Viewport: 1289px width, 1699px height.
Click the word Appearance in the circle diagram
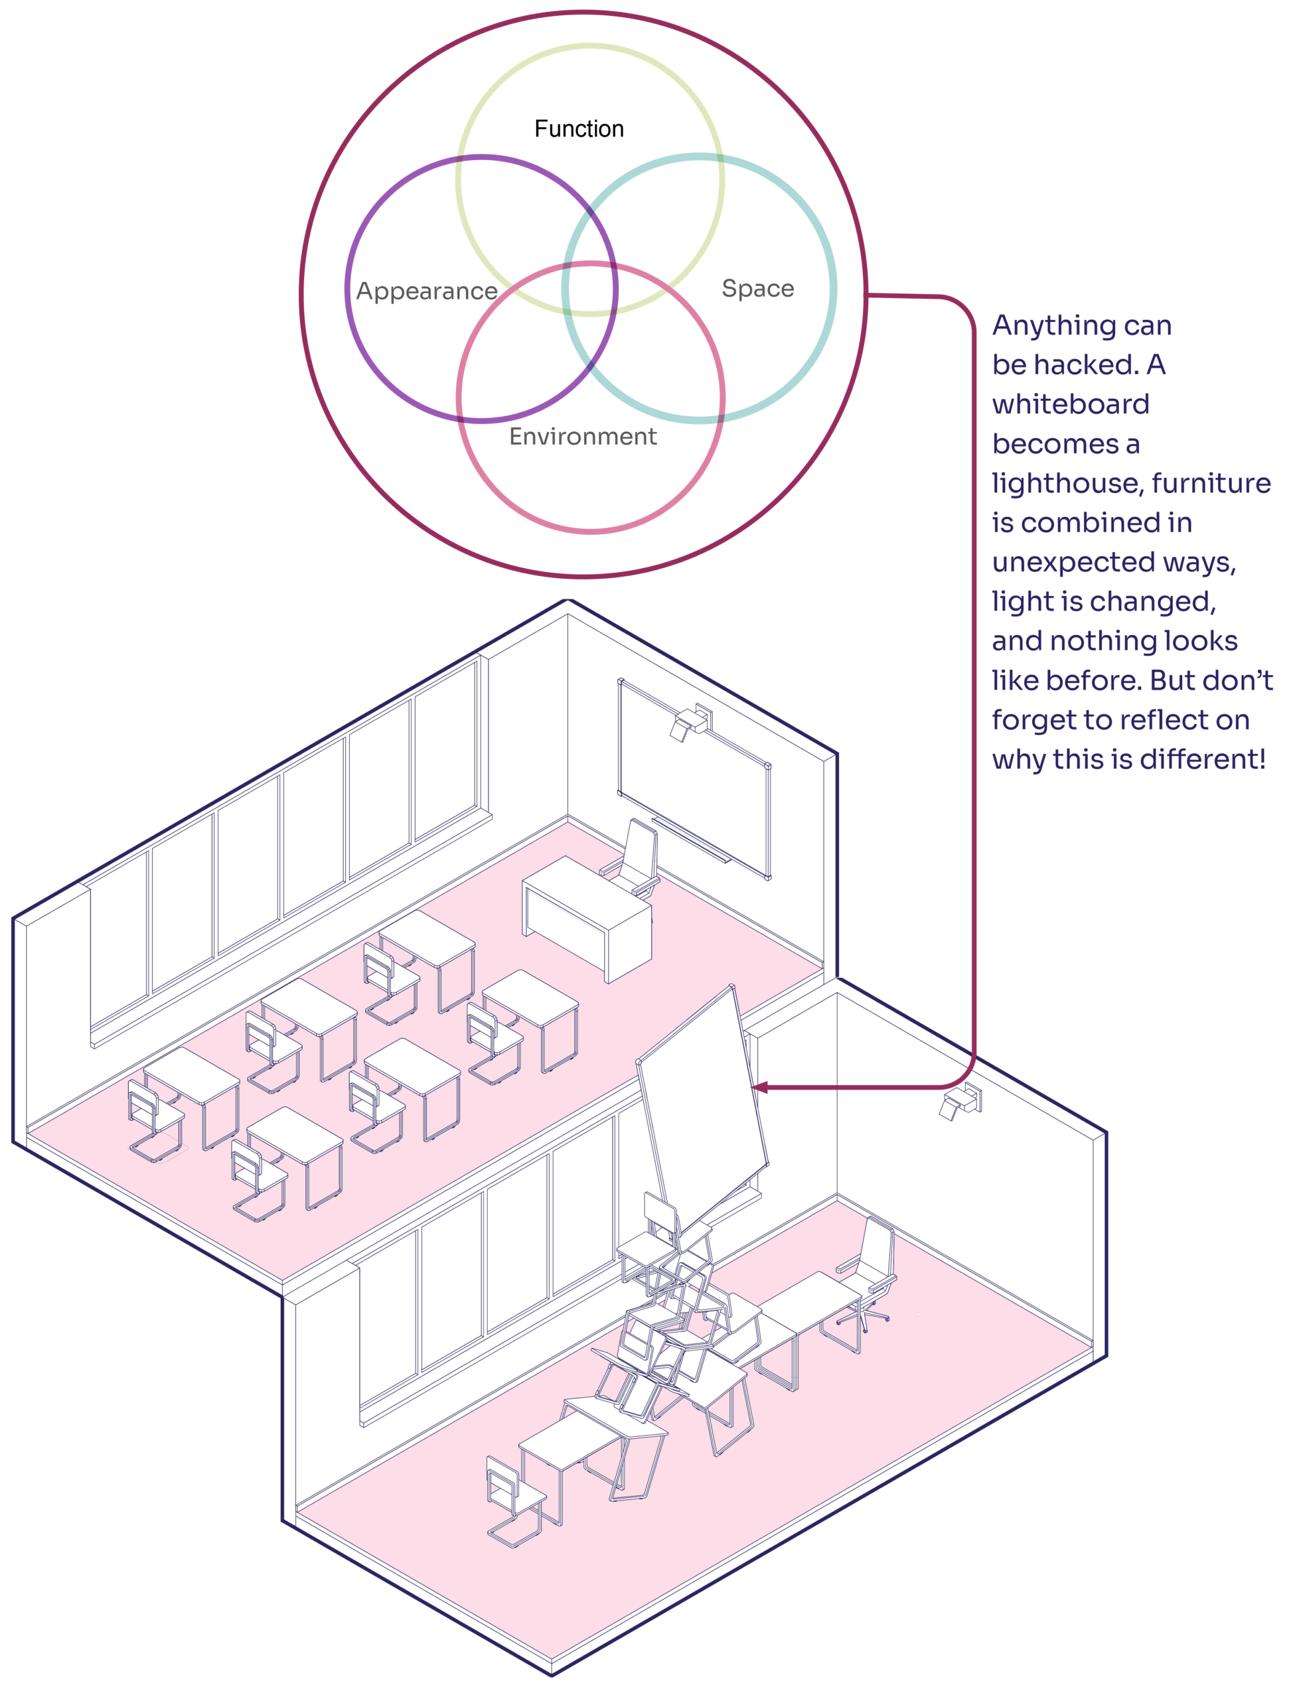[x=426, y=291]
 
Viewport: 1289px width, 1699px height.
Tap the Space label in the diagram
[x=757, y=288]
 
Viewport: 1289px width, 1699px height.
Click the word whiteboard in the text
[x=1070, y=404]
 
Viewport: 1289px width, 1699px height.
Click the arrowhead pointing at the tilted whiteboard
[x=760, y=1087]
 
